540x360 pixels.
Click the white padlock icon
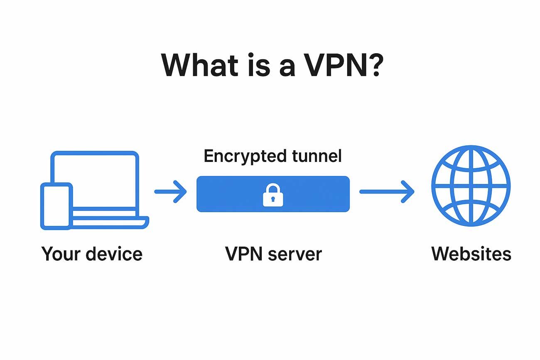273,195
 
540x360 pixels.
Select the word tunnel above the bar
317,156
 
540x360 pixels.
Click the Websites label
471,253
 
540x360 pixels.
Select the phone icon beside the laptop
56,206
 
